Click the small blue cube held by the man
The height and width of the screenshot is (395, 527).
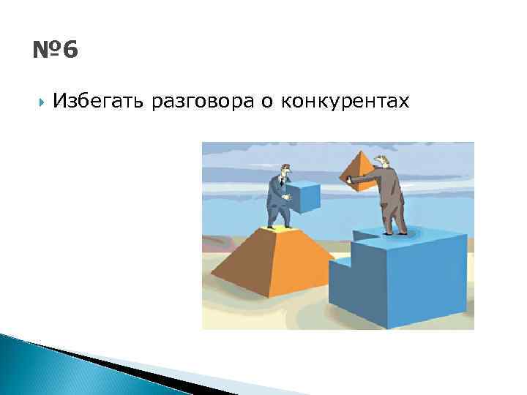(303, 197)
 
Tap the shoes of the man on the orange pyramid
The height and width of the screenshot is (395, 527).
(276, 227)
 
